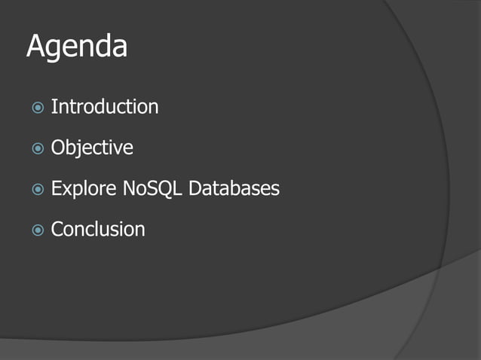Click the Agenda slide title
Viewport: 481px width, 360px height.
click(77, 47)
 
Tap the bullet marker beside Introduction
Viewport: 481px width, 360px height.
click(37, 108)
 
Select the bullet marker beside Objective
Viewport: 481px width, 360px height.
click(37, 148)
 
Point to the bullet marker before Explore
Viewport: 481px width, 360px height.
click(37, 189)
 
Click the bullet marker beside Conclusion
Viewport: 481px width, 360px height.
click(37, 230)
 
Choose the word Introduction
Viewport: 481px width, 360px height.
click(105, 107)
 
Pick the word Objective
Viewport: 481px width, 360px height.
click(92, 148)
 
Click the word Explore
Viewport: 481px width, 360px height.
click(83, 189)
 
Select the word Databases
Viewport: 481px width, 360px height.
click(234, 188)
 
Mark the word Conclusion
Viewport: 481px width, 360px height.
click(98, 229)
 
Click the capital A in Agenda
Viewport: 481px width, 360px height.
click(36, 47)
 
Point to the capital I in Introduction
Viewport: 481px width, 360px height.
click(54, 107)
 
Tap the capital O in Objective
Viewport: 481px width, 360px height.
click(58, 148)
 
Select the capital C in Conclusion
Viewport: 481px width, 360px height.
click(57, 229)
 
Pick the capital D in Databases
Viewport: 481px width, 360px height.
click(195, 188)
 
